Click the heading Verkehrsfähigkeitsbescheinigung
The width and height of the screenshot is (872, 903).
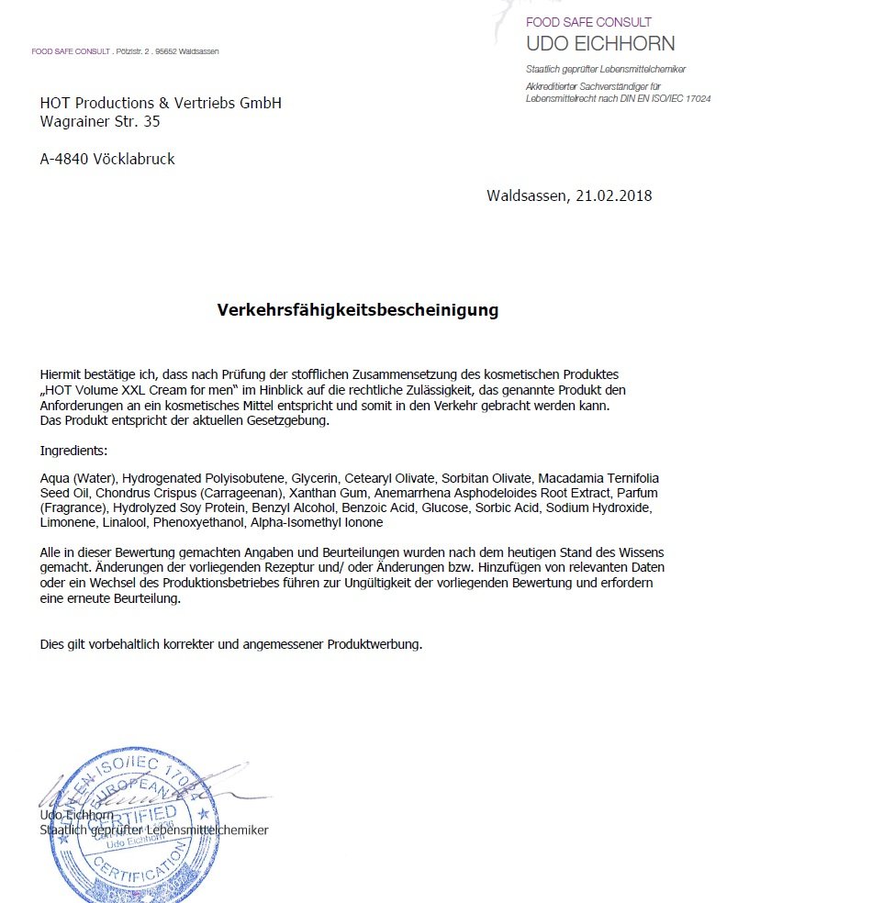pyautogui.click(x=357, y=310)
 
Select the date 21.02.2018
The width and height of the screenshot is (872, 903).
pyautogui.click(x=613, y=195)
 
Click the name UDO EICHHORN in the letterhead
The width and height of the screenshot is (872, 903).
pyautogui.click(x=599, y=43)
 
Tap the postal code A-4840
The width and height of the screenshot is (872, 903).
pyautogui.click(x=64, y=159)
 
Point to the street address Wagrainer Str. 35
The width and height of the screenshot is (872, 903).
pyautogui.click(x=100, y=120)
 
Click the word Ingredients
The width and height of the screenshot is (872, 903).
pyautogui.click(x=73, y=451)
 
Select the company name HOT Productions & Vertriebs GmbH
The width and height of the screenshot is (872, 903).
pyautogui.click(x=161, y=103)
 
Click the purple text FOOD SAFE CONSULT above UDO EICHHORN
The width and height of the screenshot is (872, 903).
pyautogui.click(x=588, y=22)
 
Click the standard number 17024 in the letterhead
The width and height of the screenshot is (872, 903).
pyautogui.click(x=696, y=98)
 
